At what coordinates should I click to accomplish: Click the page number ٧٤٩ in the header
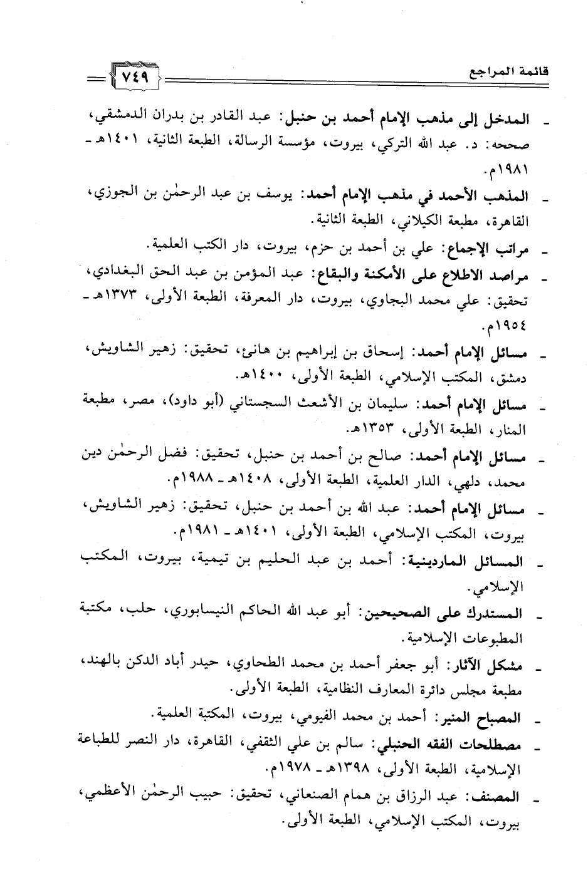[134, 80]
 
